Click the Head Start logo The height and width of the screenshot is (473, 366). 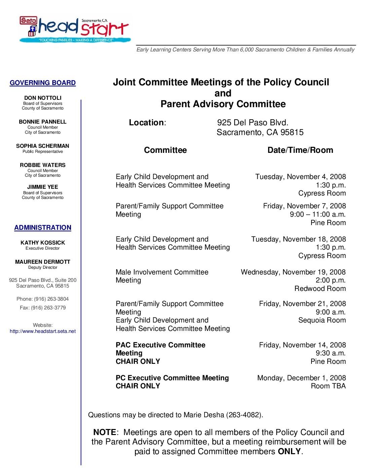(74, 30)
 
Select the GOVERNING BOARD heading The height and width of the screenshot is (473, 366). (43, 83)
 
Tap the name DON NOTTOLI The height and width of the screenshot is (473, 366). (43, 98)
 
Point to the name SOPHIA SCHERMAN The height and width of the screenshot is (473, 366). (43, 146)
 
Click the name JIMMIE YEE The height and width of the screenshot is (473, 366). (43, 187)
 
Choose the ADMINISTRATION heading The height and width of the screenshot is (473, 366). (43, 228)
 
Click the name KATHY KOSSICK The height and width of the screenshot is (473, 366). (43, 243)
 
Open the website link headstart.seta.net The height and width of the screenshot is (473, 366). (43, 331)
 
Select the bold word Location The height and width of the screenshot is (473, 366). (146, 123)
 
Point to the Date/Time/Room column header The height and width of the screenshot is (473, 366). (300, 150)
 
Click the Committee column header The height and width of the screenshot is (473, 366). (165, 150)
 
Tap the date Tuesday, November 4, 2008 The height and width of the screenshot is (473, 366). (300, 177)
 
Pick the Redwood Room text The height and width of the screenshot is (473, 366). (320, 289)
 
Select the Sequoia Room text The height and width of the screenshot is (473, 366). (322, 320)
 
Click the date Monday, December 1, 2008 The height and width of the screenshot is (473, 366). (301, 378)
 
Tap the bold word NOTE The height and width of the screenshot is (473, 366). (105, 432)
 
